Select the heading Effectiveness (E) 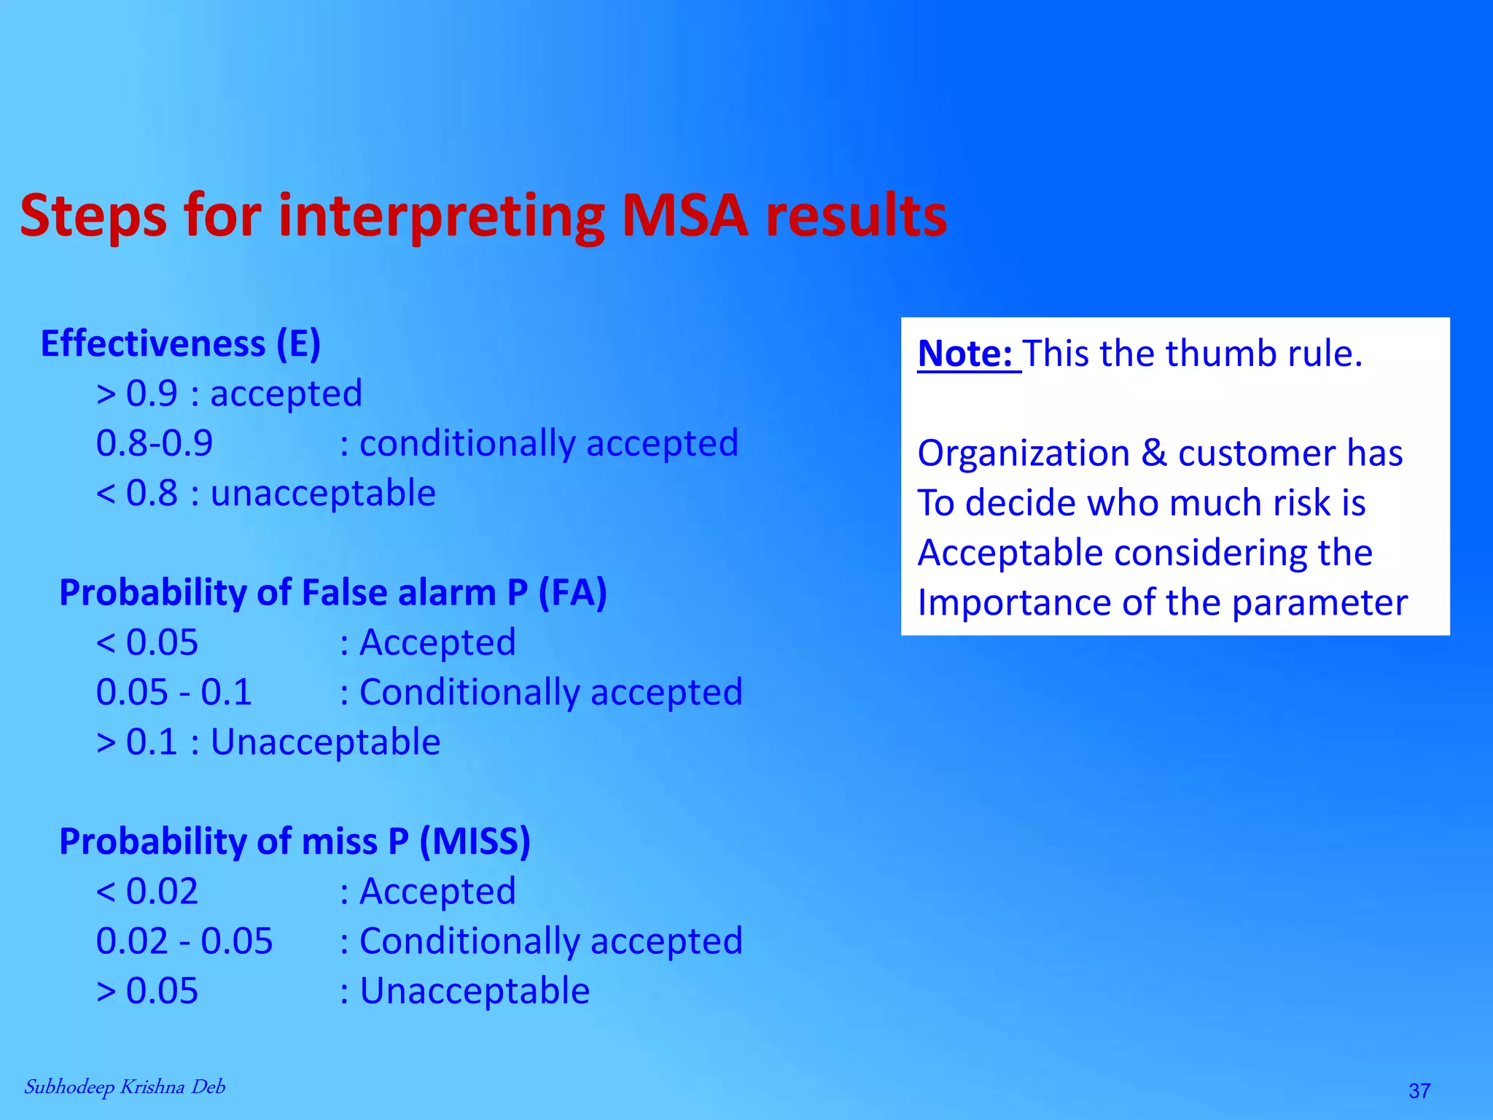pyautogui.click(x=181, y=344)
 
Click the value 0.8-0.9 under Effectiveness pyautogui.click(x=155, y=443)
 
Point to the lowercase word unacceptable pyautogui.click(x=323, y=494)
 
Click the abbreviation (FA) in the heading pyautogui.click(x=572, y=592)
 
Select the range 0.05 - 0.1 pyautogui.click(x=174, y=692)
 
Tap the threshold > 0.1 pyautogui.click(x=137, y=742)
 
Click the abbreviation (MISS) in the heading pyautogui.click(x=475, y=841)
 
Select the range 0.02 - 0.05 pyautogui.click(x=184, y=941)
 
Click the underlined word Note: pyautogui.click(x=965, y=354)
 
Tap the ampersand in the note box pyautogui.click(x=1153, y=454)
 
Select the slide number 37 pyautogui.click(x=1419, y=1091)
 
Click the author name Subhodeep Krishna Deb pyautogui.click(x=125, y=1087)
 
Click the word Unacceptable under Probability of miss pyautogui.click(x=475, y=991)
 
